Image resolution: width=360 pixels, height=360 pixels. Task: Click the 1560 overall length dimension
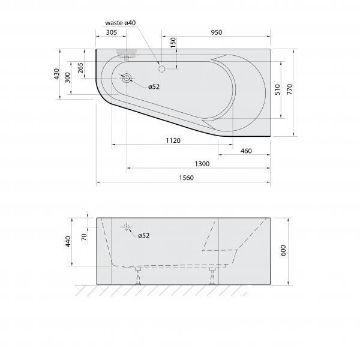click(186, 178)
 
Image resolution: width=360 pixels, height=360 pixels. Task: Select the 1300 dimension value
click(202, 164)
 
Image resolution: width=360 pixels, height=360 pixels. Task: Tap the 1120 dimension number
click(173, 140)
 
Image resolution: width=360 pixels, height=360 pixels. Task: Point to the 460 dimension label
click(246, 151)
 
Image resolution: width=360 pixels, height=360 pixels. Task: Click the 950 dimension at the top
click(217, 32)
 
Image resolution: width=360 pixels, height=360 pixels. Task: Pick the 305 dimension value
click(112, 32)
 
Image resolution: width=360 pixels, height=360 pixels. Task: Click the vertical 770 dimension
click(290, 89)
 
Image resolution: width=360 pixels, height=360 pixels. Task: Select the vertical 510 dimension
click(277, 89)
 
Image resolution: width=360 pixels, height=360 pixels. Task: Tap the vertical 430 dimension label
click(56, 74)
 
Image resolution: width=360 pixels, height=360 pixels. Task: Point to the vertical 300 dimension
click(67, 77)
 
